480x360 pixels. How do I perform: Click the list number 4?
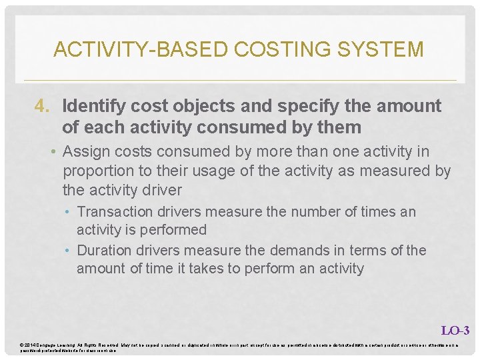click(43, 106)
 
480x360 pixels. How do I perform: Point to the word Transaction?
click(115, 212)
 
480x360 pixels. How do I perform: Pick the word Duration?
click(104, 251)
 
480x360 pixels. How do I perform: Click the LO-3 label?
click(455, 330)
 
